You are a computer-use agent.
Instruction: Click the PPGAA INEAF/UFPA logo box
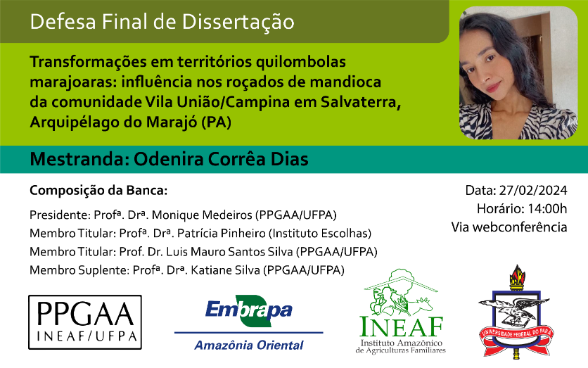[85, 322]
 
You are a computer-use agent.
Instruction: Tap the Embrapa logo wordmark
[248, 310]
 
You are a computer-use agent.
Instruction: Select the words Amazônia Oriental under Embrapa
[248, 345]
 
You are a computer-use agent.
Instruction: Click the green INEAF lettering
[401, 326]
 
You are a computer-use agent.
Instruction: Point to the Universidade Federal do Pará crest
[516, 311]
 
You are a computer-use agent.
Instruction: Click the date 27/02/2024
[533, 190]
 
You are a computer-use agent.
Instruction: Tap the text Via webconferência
[509, 227]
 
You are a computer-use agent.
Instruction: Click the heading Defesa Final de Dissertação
[162, 22]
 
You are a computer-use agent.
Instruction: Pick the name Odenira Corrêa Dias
[222, 159]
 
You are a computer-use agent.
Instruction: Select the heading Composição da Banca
[98, 191]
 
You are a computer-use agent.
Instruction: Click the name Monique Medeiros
[202, 215]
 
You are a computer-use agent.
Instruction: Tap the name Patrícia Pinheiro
[222, 234]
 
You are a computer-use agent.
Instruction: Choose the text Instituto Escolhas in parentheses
[320, 234]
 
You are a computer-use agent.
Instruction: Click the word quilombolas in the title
[301, 62]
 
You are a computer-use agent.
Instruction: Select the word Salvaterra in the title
[361, 102]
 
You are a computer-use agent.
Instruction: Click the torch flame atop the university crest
[517, 274]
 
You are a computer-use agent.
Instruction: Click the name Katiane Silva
[225, 270]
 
